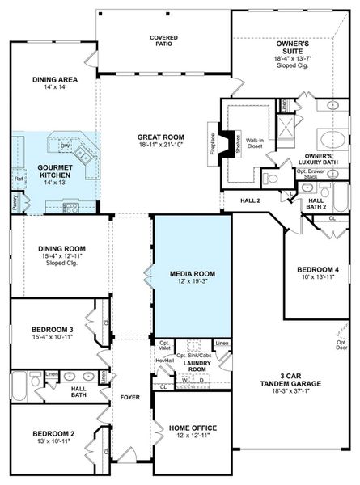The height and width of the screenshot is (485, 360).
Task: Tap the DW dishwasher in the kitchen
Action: click(64, 145)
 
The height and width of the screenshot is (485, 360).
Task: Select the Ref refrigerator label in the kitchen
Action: click(18, 179)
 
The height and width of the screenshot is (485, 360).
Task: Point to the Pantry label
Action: click(15, 196)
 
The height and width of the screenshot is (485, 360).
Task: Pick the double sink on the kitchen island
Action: click(83, 152)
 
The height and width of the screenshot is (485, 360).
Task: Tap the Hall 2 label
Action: click(251, 200)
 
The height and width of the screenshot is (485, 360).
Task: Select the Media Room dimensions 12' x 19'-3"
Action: click(192, 280)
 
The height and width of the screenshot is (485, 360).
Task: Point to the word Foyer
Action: click(130, 398)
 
